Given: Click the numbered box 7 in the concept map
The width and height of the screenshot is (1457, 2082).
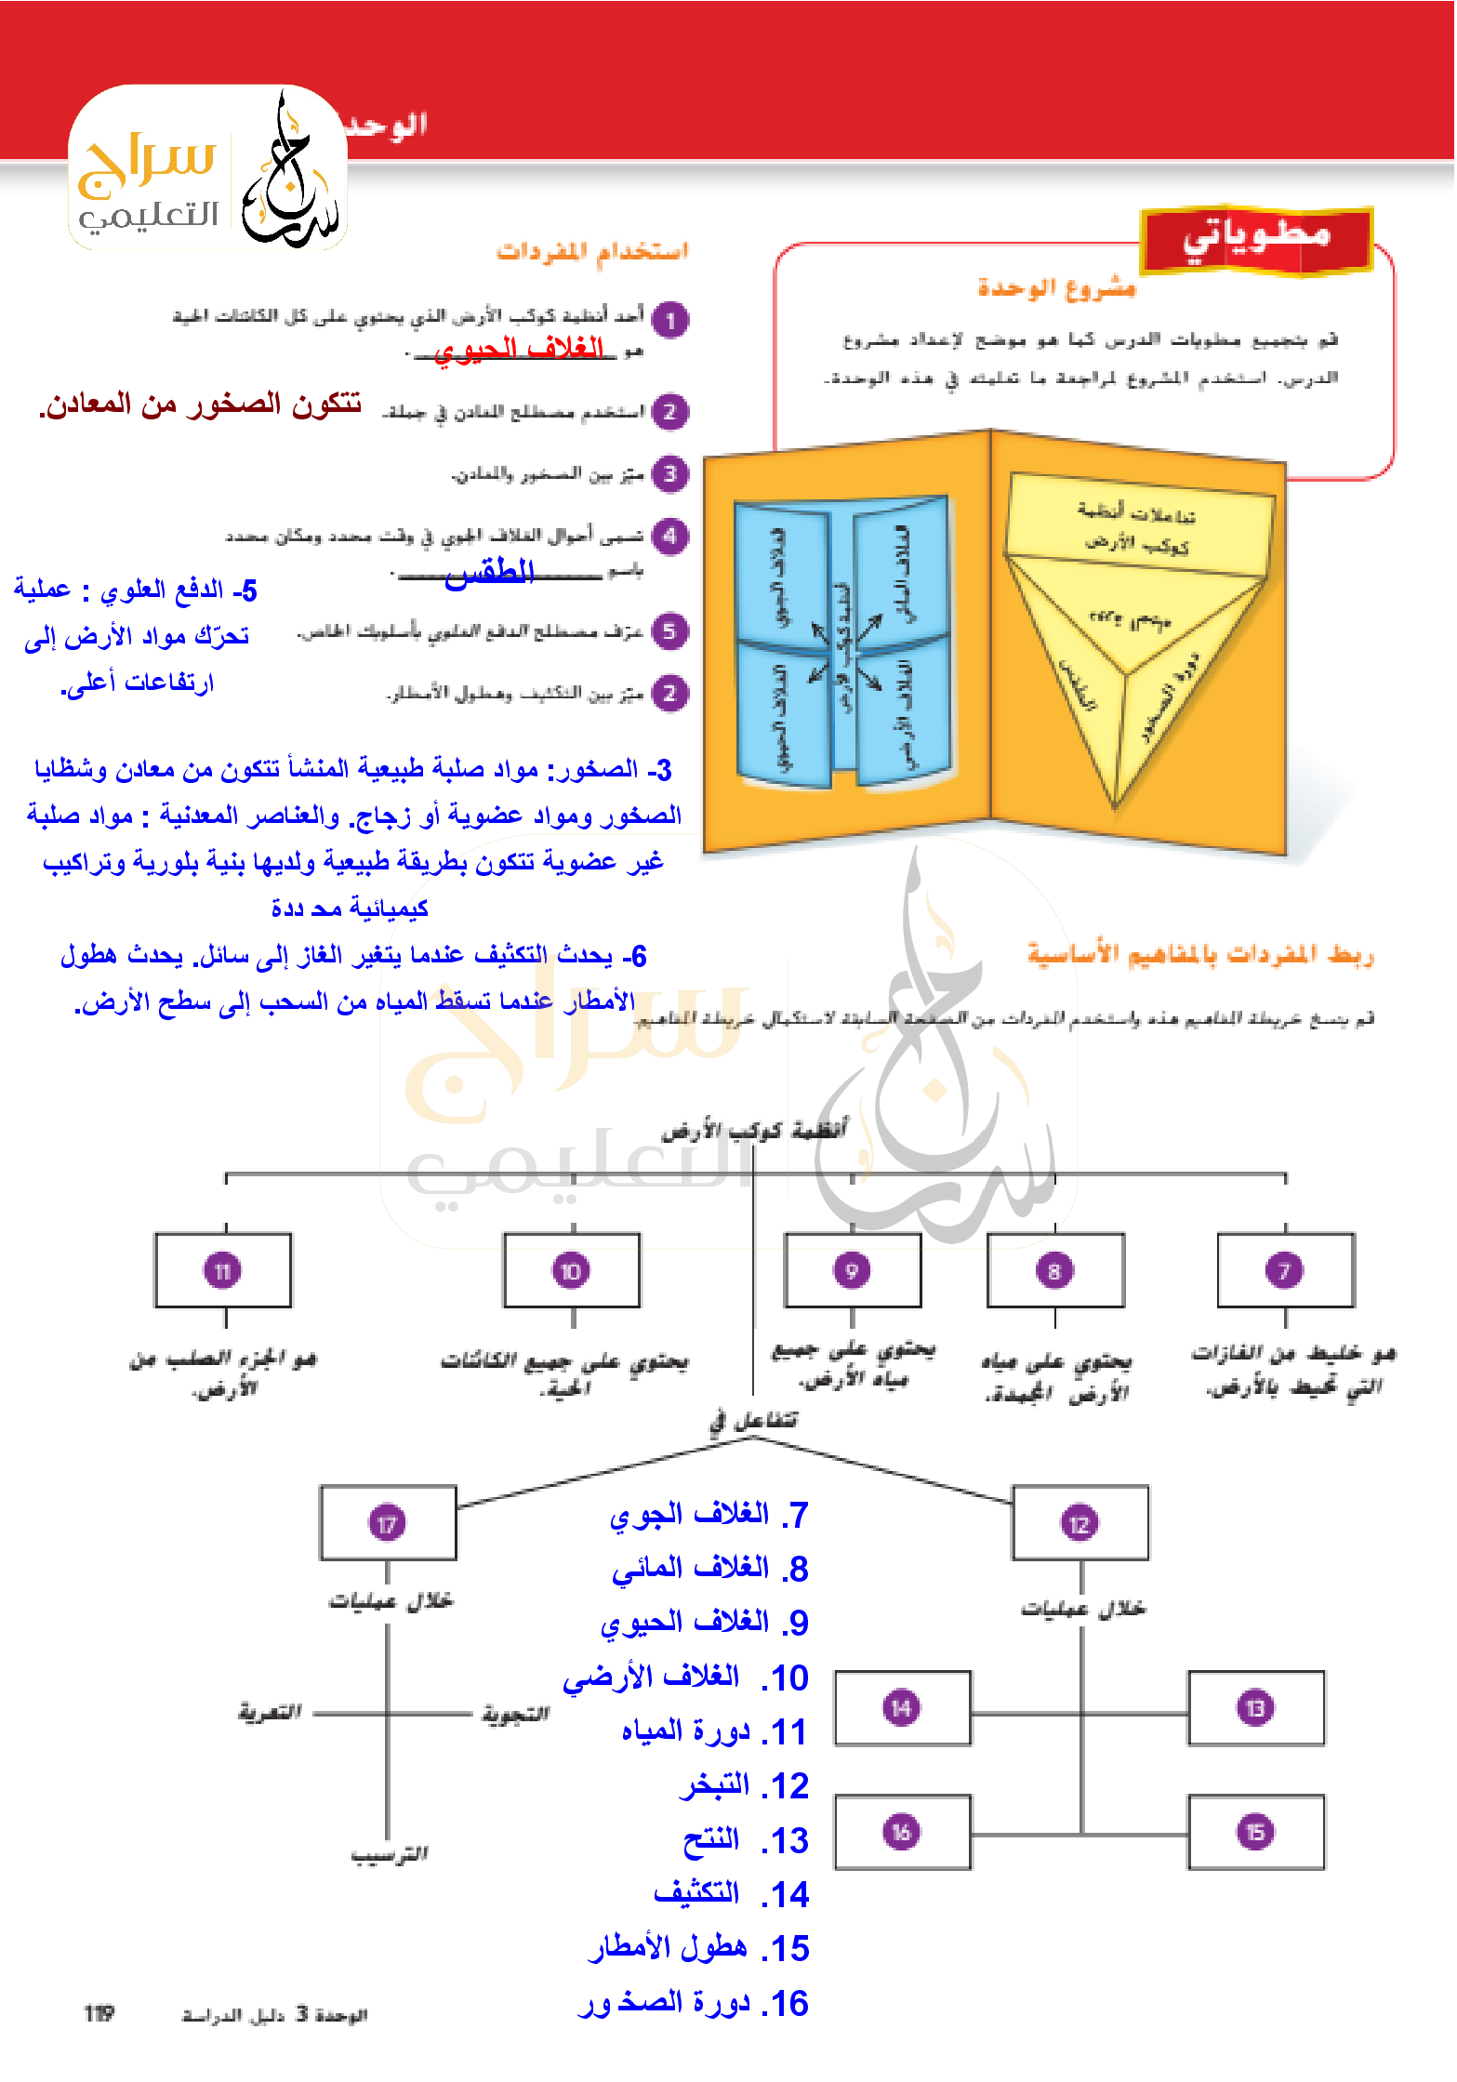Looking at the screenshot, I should [x=1285, y=1270].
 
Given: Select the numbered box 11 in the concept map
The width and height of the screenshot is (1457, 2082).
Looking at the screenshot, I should [x=223, y=1270].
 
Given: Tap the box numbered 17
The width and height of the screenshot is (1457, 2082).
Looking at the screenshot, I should [x=388, y=1523].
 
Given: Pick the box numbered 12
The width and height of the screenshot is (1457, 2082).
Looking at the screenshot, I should [x=1080, y=1523].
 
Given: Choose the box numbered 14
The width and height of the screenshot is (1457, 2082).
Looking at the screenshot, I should [x=902, y=1707].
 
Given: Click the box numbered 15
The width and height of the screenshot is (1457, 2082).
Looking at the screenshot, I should [x=1255, y=1832].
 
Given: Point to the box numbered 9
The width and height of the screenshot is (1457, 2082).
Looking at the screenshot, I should [x=852, y=1270].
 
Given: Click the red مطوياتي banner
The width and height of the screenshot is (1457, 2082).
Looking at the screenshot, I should [x=1256, y=238].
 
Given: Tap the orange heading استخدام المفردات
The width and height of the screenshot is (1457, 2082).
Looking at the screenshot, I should [x=592, y=251].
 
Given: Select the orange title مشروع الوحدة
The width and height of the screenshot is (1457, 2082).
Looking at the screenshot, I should [x=1056, y=288].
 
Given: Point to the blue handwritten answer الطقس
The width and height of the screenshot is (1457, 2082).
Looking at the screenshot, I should [x=489, y=572].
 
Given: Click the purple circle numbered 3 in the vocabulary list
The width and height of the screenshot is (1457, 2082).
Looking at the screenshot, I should [x=669, y=473].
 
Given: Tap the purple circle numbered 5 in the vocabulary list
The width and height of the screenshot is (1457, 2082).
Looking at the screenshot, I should [x=669, y=631].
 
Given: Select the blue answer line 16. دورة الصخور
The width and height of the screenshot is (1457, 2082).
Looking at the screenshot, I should [x=693, y=2003].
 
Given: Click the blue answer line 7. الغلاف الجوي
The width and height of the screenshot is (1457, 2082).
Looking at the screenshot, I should [x=709, y=1515].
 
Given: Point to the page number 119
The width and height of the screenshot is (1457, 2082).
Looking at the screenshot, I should [x=99, y=2013].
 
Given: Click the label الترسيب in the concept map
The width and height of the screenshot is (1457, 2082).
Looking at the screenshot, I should [x=390, y=1854].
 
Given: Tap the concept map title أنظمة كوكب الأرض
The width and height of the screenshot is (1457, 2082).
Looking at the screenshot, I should [x=754, y=1131].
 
